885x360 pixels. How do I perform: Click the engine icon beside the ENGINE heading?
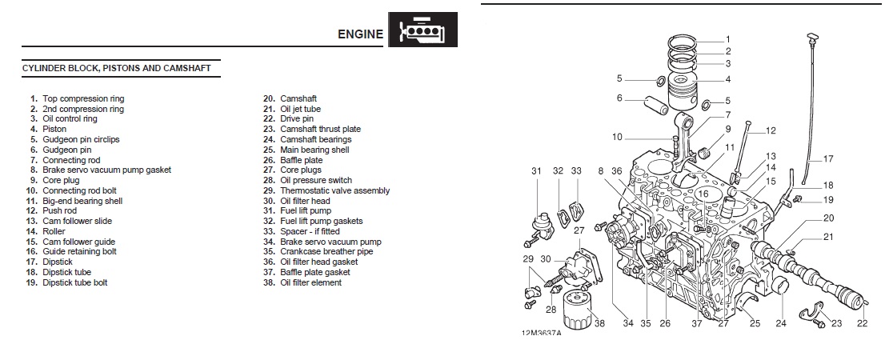pos(422,32)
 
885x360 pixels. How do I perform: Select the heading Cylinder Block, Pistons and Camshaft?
pos(117,69)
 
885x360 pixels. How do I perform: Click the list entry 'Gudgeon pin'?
pos(66,150)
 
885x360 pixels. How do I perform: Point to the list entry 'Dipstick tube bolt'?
pos(74,282)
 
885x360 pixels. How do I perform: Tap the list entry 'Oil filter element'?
pos(310,282)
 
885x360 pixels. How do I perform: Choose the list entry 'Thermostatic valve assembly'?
pos(334,190)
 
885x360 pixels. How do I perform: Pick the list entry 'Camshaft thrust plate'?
pos(320,129)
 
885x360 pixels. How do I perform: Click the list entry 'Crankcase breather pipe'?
pos(326,251)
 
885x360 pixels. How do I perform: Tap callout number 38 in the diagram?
pos(600,324)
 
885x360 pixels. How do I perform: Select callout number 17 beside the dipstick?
pos(827,158)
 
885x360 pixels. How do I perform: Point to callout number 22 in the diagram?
pos(861,323)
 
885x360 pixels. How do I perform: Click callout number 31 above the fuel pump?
pos(536,171)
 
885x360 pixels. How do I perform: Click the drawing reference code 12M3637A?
pos(541,334)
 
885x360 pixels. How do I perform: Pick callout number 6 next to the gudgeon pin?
pos(619,98)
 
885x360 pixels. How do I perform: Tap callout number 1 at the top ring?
pos(727,39)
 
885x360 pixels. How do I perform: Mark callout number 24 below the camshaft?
pos(781,323)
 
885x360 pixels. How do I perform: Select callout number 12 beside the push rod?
pos(771,130)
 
